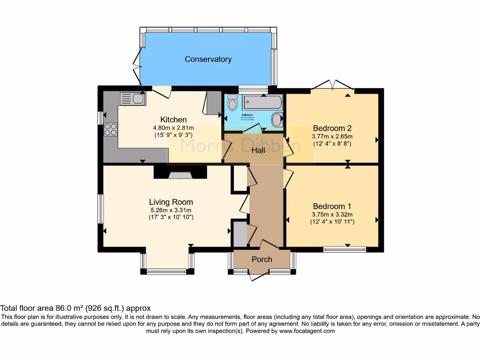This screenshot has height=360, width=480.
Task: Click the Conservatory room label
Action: [x=208, y=59]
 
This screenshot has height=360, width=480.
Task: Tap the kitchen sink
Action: [x=132, y=98]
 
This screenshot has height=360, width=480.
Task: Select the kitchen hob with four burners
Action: [x=110, y=129]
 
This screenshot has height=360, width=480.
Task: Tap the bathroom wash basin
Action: [x=277, y=119]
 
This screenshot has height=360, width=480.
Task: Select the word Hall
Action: [x=258, y=150]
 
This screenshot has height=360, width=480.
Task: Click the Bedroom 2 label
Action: [x=332, y=128]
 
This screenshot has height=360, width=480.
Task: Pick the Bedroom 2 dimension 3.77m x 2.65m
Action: [x=332, y=136]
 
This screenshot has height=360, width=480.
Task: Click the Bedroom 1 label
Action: [x=332, y=206]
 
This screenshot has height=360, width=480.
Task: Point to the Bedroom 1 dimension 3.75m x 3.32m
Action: [x=332, y=214]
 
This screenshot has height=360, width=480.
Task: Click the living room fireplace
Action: [x=180, y=174]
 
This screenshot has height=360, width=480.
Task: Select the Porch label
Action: [x=262, y=259]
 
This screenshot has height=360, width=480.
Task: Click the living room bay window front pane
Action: [x=166, y=271]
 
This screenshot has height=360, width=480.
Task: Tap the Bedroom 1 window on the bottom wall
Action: [x=345, y=249]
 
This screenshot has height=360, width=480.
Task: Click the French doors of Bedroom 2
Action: [x=332, y=86]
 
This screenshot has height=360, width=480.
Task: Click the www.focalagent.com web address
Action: [x=307, y=330]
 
